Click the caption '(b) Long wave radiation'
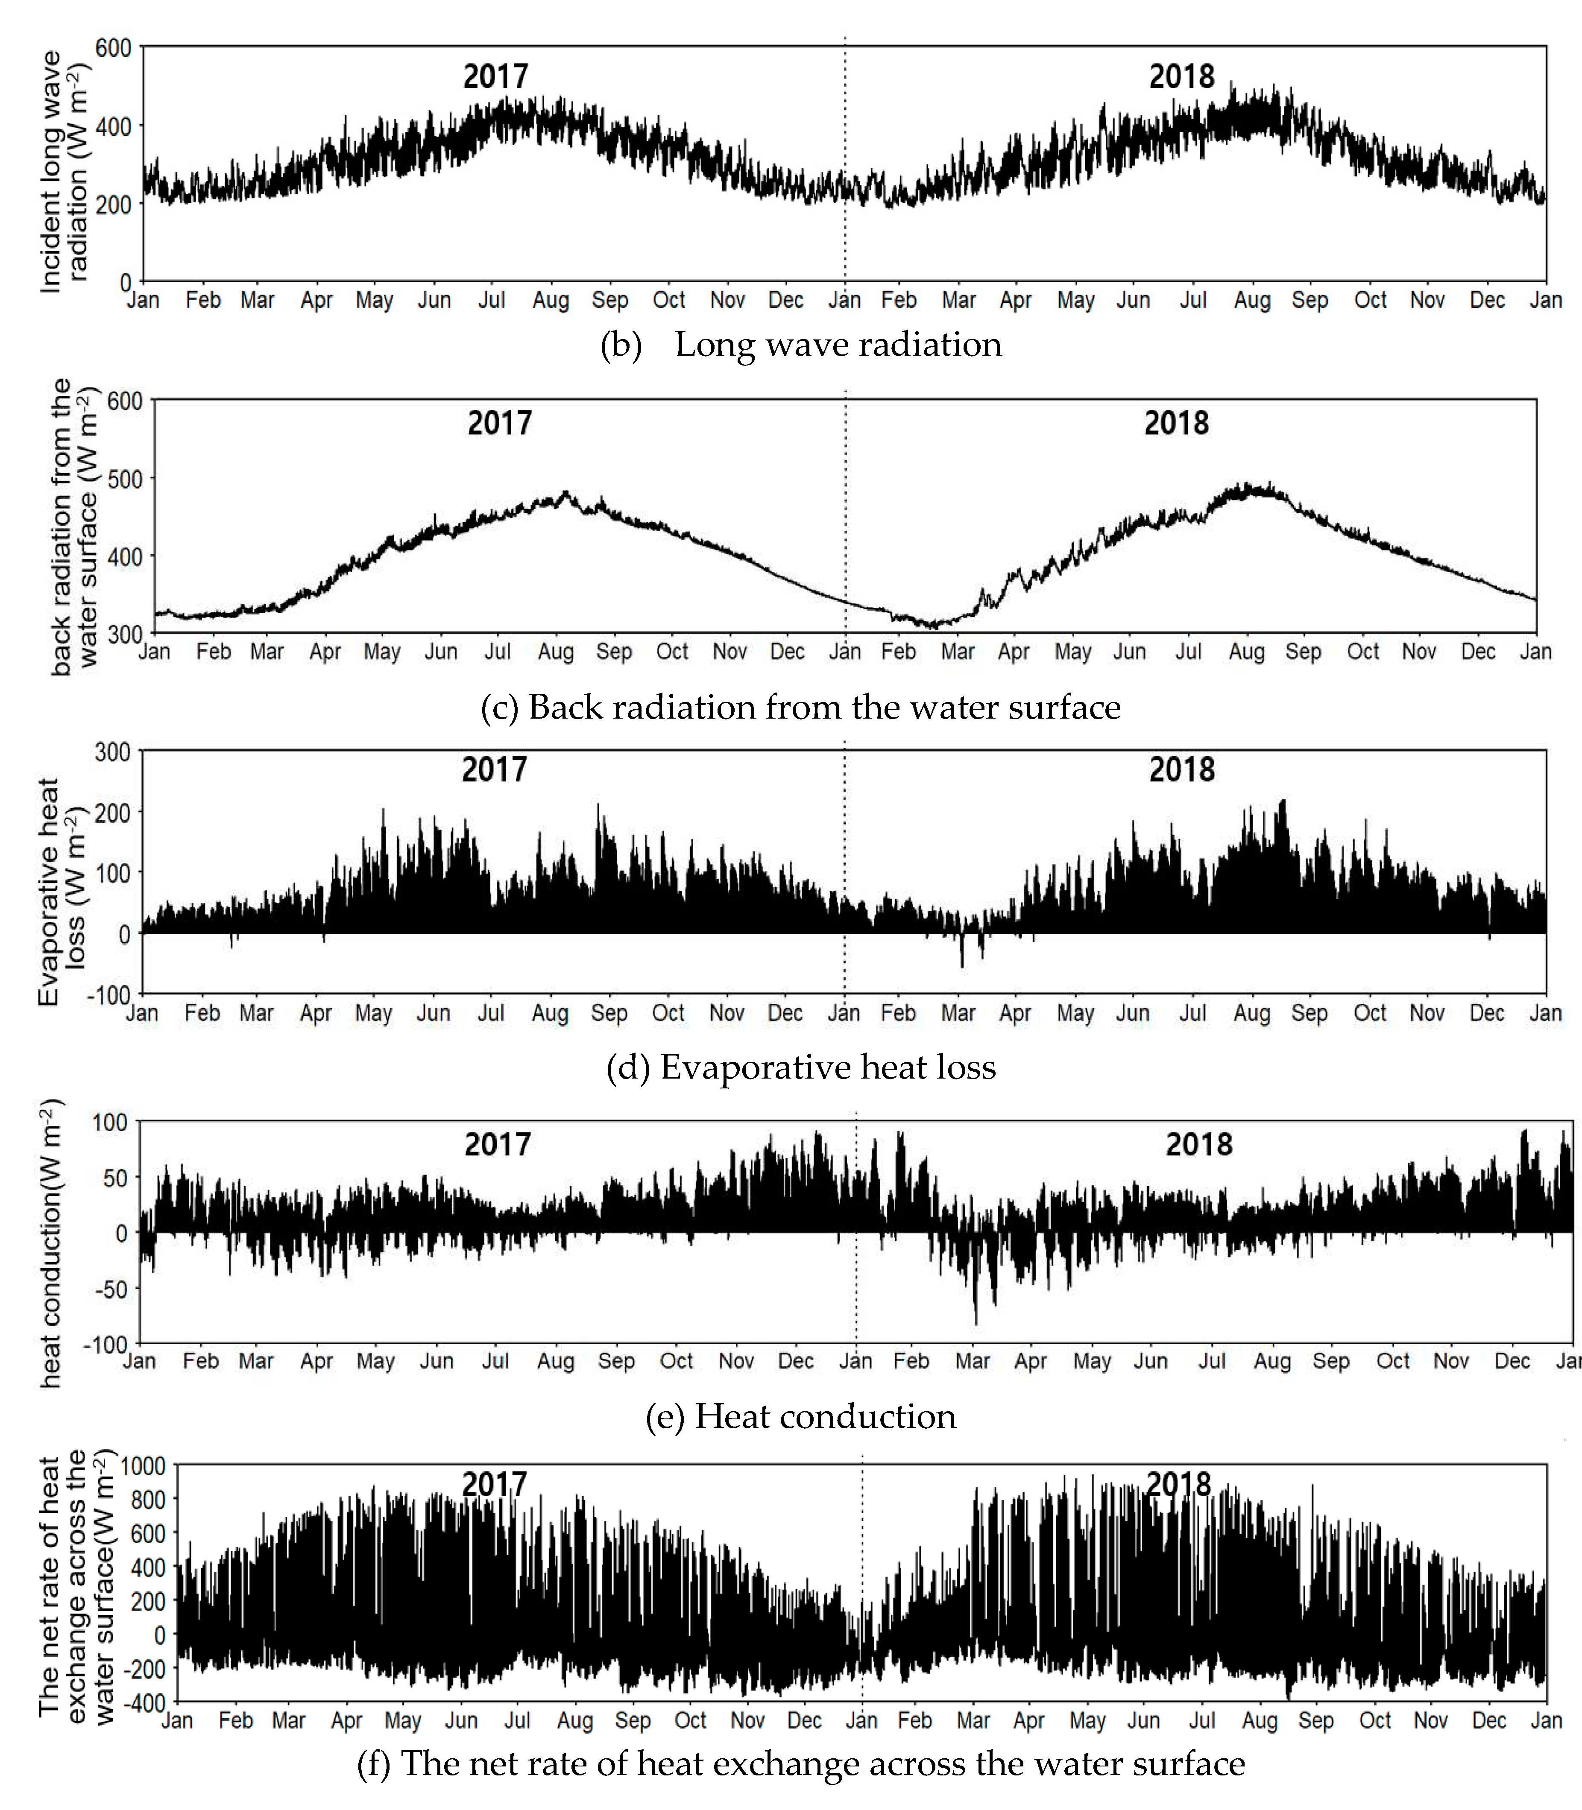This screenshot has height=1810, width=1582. tap(801, 344)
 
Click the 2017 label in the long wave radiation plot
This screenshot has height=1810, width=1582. tap(495, 77)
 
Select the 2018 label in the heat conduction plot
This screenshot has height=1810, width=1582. tap(1198, 1145)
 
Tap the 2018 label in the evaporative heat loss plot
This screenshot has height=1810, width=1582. tap(1181, 769)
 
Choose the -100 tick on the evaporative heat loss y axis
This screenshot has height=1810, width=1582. tap(108, 994)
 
